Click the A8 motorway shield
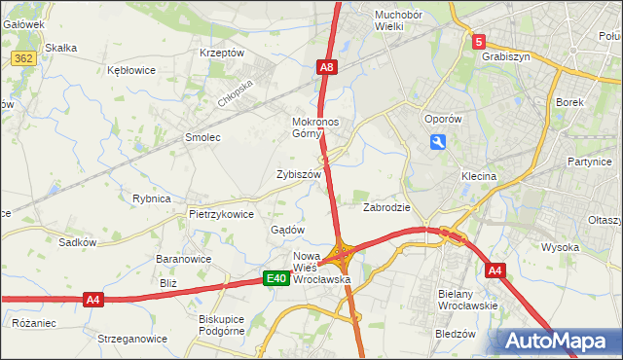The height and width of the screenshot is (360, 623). point(327,67)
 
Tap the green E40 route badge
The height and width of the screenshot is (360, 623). point(277,279)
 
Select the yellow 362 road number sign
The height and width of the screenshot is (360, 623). point(24,58)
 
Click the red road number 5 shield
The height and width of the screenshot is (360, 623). point(479,42)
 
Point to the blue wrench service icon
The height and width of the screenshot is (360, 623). point(438,143)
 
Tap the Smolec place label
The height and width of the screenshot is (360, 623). point(203,138)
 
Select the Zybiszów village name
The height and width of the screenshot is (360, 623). point(298,174)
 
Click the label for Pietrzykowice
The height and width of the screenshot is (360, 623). point(221,214)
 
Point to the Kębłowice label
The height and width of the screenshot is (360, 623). point(133,71)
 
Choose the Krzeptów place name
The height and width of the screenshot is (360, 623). point(221,53)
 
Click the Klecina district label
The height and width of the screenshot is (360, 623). point(479,177)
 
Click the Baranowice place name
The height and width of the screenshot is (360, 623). point(184,260)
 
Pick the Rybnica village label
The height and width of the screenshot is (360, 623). point(152,198)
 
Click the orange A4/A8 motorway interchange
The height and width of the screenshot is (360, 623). point(342,257)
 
